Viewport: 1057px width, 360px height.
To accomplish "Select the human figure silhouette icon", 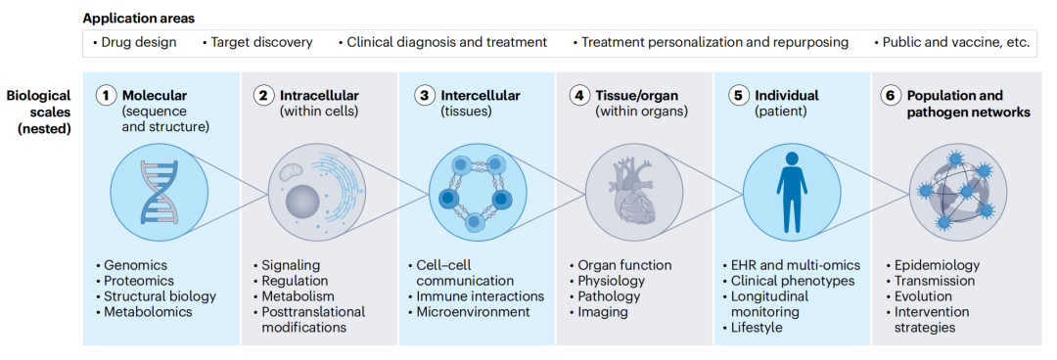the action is (792, 191).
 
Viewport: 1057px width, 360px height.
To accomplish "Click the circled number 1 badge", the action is (105, 96).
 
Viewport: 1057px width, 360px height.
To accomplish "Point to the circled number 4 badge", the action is (578, 96).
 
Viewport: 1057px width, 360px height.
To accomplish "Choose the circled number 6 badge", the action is (890, 96).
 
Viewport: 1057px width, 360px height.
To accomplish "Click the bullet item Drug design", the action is (135, 42).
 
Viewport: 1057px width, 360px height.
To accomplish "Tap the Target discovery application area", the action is (257, 42).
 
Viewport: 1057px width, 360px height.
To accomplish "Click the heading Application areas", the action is (139, 19).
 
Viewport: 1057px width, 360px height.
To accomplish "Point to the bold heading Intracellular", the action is (319, 95).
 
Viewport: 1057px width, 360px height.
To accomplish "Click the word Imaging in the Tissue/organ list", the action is (603, 312).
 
